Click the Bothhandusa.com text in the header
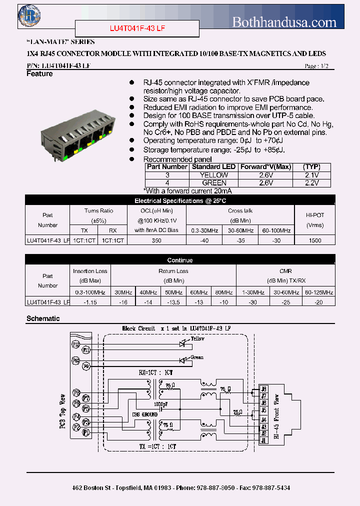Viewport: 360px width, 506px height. click(284, 22)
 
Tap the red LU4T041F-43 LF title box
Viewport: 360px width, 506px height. click(137, 28)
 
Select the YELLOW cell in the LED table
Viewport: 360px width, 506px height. click(213, 175)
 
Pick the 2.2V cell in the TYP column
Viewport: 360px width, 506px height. click(312, 183)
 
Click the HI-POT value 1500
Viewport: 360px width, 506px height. click(315, 240)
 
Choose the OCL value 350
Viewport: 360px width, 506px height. click(156, 240)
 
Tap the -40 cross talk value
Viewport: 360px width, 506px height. click(204, 240)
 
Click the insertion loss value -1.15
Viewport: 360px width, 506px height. click(90, 302)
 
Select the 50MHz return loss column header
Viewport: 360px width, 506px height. click(173, 292)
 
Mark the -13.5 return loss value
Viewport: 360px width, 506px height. click(173, 302)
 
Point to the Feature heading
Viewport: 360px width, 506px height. click(39, 74)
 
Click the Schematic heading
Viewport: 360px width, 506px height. click(42, 318)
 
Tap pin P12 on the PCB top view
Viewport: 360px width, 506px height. click(75, 344)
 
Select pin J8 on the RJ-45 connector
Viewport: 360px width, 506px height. click(264, 388)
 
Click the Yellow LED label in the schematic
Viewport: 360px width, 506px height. click(197, 339)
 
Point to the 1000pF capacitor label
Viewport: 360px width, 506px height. click(161, 403)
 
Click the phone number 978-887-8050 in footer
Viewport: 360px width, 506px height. click(214, 487)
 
